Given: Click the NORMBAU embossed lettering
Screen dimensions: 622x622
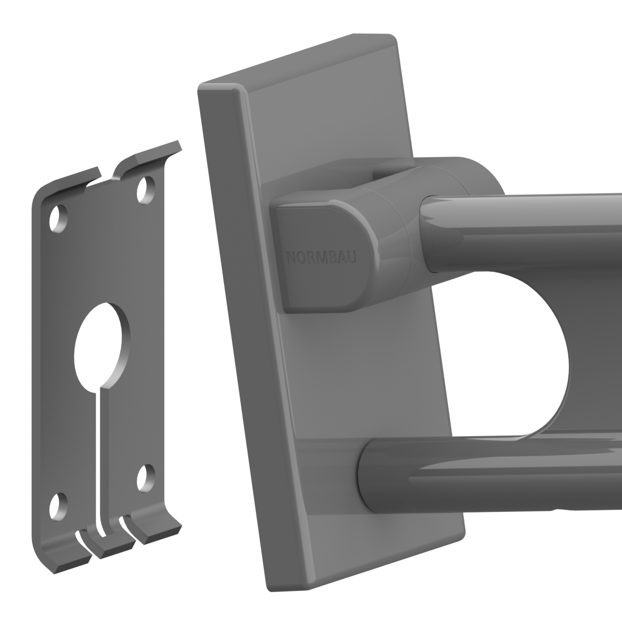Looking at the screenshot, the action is coord(321,258).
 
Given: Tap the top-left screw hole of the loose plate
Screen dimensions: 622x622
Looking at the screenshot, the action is coord(58,219).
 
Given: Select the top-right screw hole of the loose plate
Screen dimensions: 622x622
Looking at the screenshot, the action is coord(146,190).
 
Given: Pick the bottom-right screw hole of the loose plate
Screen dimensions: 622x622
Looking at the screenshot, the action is coord(146,478).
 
